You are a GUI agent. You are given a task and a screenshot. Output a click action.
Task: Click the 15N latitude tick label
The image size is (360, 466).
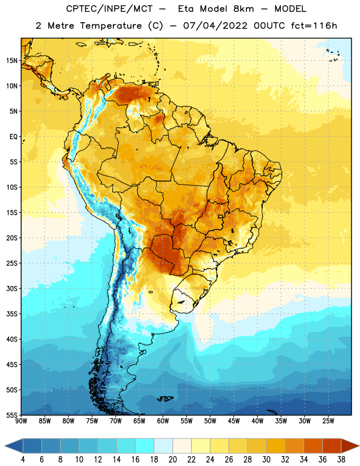tap(12, 61)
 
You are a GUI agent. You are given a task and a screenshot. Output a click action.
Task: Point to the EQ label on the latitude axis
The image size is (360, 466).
tap(13, 137)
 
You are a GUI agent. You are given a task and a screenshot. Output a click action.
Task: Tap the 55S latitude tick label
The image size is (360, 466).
tap(12, 415)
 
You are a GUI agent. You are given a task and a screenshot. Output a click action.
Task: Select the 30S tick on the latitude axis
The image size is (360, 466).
tap(12, 288)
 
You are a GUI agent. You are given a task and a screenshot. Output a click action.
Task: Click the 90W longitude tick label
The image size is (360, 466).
tap(21, 421)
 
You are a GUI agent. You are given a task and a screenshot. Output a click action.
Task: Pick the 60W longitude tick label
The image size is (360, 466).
tap(163, 421)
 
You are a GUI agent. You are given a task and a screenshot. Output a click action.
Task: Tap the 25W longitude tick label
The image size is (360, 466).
tap(328, 421)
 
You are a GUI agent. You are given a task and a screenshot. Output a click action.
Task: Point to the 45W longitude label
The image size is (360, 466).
tap(234, 421)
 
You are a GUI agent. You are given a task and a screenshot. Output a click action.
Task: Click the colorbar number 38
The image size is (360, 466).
tap(341, 460)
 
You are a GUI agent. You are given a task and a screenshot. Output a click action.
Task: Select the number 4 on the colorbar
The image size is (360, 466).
tap(23, 460)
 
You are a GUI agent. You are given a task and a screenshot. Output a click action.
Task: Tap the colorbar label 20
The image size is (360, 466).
tap(172, 460)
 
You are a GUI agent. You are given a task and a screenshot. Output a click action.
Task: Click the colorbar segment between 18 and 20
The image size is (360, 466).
tap(164, 446)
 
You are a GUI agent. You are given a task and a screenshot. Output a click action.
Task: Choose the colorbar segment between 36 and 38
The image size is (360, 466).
tap(332, 446)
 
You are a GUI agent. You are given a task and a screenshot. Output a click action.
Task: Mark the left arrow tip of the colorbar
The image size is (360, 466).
tap(5, 446)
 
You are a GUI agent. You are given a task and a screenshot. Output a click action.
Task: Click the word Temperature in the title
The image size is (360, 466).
tap(111, 26)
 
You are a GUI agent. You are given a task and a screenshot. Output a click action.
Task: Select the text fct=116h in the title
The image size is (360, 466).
tap(314, 26)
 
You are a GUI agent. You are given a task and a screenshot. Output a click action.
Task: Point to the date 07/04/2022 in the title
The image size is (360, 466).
tap(215, 26)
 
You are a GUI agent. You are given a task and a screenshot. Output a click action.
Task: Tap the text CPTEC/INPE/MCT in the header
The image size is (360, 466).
tap(109, 9)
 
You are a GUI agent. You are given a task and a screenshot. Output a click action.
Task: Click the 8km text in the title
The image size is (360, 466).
tap(243, 9)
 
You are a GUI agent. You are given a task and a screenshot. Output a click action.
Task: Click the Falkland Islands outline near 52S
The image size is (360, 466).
tap(165, 398)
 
